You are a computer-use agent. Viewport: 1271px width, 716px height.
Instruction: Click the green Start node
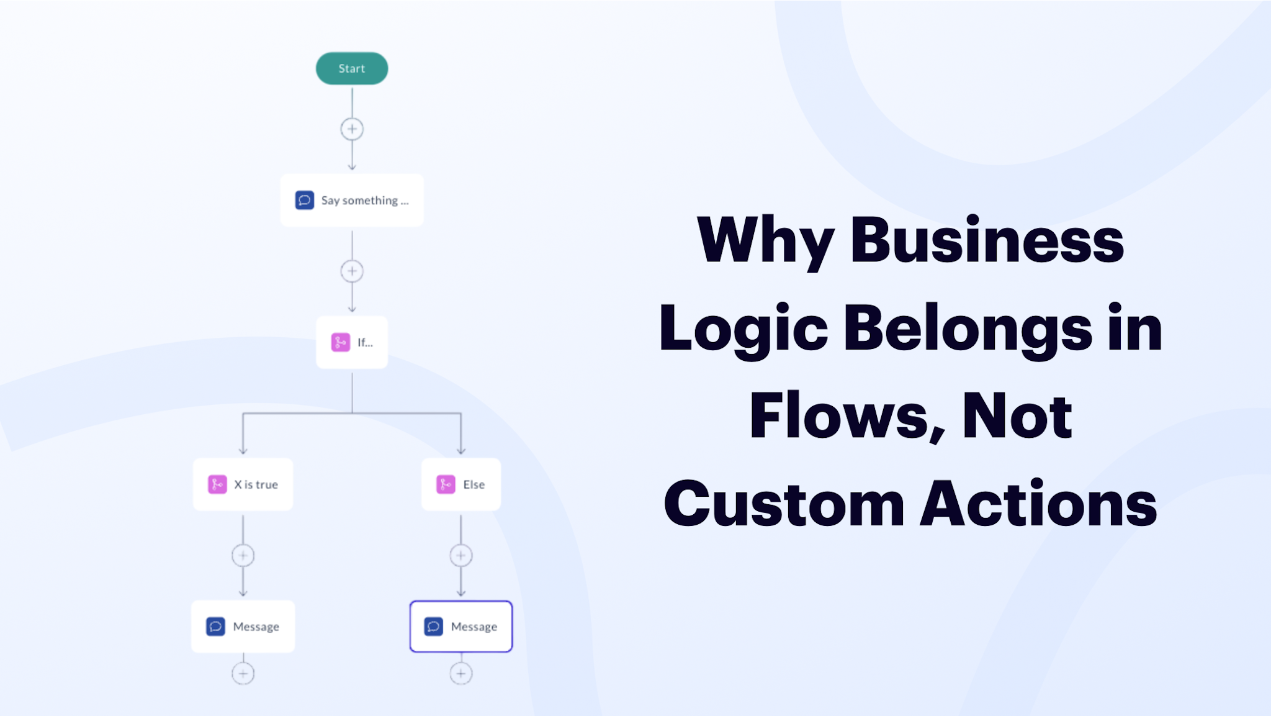coord(352,68)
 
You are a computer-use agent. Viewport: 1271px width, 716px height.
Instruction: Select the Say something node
coord(352,200)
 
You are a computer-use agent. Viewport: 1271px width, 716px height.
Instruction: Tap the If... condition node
coord(352,342)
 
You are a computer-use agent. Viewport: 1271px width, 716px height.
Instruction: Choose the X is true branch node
coord(243,484)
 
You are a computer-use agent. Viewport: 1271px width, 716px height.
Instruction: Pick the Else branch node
coord(461,484)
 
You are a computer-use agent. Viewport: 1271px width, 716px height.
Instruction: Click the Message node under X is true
coord(243,627)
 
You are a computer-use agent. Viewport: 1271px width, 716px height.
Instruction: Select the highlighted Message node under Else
coord(461,627)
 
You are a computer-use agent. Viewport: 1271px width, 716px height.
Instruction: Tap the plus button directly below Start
coord(352,129)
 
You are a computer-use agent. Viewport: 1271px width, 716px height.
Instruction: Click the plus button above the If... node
coord(352,271)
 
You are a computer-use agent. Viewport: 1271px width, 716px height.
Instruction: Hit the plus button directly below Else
coord(461,556)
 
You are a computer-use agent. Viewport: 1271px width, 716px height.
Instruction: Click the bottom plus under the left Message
coord(243,674)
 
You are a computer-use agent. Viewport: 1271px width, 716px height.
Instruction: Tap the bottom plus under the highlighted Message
coord(461,674)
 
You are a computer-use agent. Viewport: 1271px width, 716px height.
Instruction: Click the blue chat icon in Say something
coord(304,200)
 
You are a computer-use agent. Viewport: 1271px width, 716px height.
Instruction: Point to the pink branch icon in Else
coord(446,484)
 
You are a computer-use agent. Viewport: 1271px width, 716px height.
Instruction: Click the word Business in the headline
coord(987,240)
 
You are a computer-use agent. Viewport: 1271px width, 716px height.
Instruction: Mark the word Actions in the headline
coord(1039,504)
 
